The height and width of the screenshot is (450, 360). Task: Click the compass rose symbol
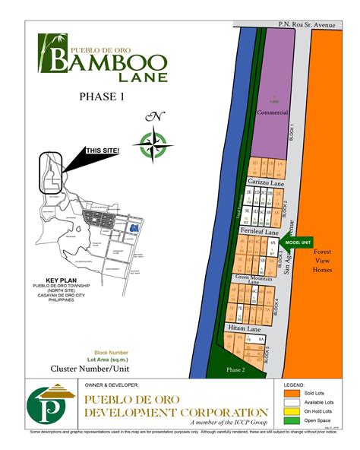(155, 141)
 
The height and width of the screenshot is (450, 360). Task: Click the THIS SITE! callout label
(102, 151)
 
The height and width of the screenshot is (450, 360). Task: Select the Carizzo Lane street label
(265, 182)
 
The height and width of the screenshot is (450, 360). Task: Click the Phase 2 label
(235, 369)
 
